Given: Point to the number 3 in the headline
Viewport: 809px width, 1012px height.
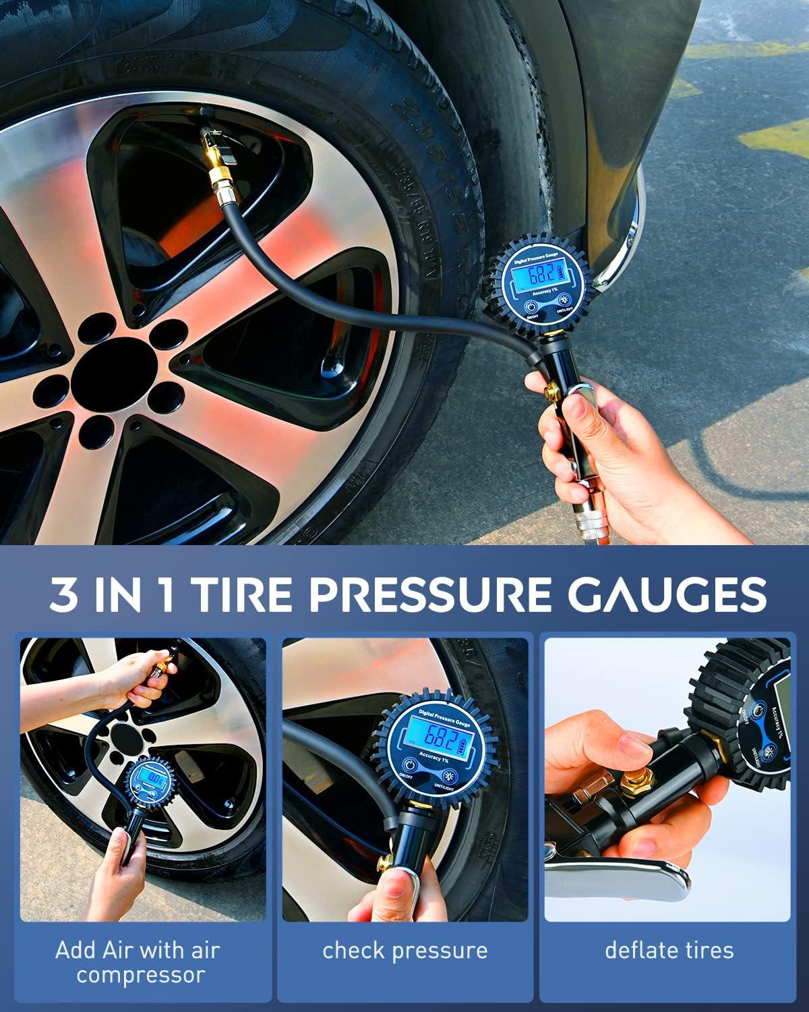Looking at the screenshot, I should [63, 594].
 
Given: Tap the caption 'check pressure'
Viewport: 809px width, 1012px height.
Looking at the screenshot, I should [404, 950].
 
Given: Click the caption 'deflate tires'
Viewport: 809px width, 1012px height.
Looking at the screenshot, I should [669, 950].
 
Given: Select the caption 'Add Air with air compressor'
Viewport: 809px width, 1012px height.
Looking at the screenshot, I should [138, 962].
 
